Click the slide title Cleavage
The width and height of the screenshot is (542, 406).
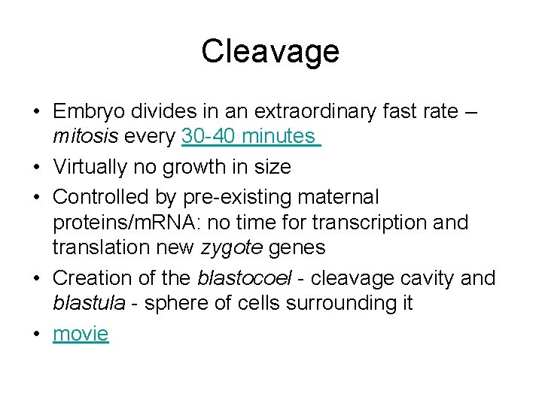point(270,52)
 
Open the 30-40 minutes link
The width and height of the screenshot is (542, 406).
point(251,137)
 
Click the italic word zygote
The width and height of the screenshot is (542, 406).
point(245,247)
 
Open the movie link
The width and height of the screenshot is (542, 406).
point(81,333)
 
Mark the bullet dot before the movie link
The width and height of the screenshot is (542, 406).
point(35,334)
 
